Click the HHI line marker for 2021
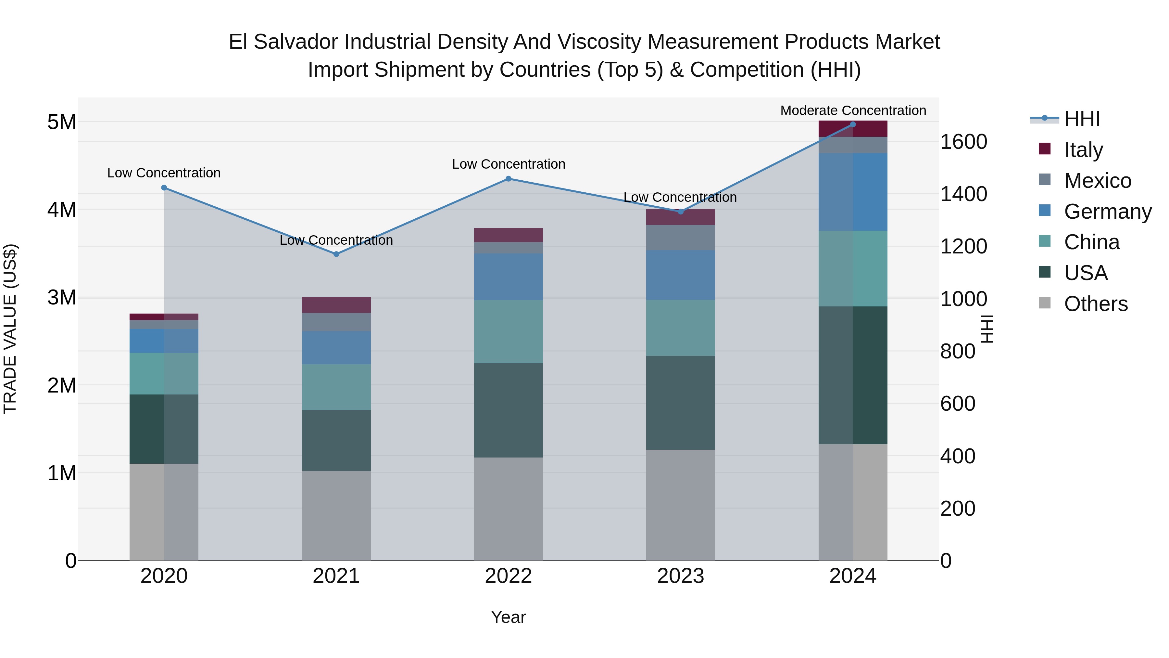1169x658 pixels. click(x=336, y=254)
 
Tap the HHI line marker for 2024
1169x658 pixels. click(x=853, y=124)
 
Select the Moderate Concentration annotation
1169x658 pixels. click(x=853, y=110)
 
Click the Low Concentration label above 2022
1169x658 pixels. click(x=508, y=164)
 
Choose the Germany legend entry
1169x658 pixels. click(x=1107, y=211)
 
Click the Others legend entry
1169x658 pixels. click(x=1096, y=304)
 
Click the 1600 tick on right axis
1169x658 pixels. click(x=963, y=142)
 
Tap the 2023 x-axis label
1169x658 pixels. click(x=680, y=576)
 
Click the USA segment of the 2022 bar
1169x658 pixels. click(x=508, y=410)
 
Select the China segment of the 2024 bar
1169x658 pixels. click(x=853, y=268)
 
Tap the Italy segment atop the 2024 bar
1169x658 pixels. click(x=853, y=129)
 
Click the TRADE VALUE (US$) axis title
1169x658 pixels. click(x=10, y=329)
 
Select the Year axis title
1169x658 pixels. click(x=508, y=617)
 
